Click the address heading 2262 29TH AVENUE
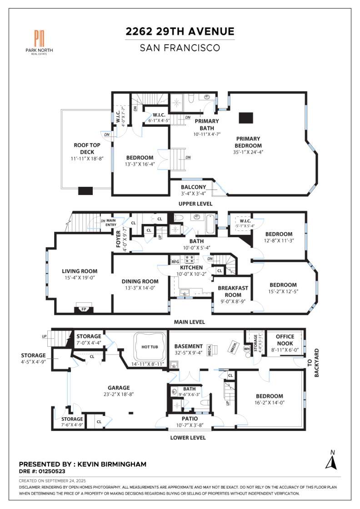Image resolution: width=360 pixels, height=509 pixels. pos(180,31)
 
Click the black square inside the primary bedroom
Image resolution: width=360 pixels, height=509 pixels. pos(245,118)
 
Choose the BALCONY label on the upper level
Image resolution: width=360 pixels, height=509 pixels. pos(194,187)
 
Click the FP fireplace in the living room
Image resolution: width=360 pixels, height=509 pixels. pos(84,309)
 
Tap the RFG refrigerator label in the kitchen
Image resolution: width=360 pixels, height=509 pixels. pos(175,262)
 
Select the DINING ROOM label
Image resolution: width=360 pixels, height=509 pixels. pos(140,281)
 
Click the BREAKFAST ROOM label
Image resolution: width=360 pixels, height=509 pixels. pos(233,291)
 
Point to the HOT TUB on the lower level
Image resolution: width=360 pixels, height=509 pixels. pos(150,347)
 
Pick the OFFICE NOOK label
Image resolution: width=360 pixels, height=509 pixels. pos(285,340)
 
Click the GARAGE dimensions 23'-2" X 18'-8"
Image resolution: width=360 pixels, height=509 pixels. pos(119,394)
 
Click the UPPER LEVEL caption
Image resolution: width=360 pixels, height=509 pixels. pos(196,204)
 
